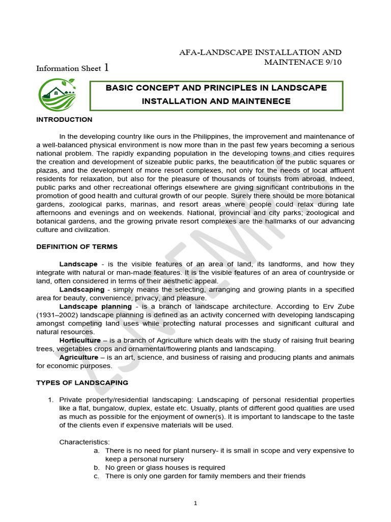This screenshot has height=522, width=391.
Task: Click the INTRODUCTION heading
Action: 64,120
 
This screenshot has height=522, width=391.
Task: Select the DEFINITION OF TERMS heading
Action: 77,247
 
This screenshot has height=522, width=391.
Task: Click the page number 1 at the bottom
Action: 195,503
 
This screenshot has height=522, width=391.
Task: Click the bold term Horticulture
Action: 80,341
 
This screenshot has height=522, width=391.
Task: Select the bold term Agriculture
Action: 78,357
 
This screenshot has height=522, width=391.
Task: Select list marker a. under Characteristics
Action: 97,451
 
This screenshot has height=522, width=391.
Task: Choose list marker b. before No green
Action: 97,467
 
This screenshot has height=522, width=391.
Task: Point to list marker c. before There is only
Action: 97,476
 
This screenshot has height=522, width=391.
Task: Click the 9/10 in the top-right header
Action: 331,62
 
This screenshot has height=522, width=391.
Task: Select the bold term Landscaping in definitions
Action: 79,290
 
